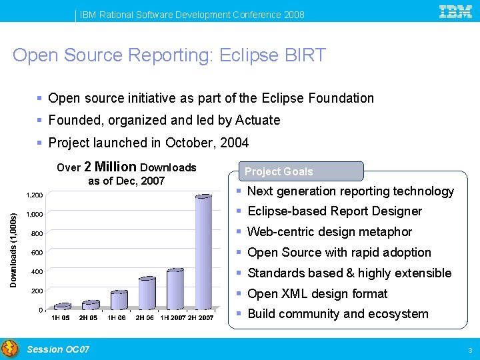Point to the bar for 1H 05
click(x=62, y=306)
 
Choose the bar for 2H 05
click(x=91, y=305)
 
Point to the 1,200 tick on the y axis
click(x=34, y=195)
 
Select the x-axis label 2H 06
click(x=145, y=318)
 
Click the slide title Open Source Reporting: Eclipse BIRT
click(x=169, y=55)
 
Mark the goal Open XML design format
click(x=317, y=293)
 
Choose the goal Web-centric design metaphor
click(x=329, y=232)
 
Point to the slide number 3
click(x=470, y=350)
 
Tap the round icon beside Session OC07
click(x=10, y=349)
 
